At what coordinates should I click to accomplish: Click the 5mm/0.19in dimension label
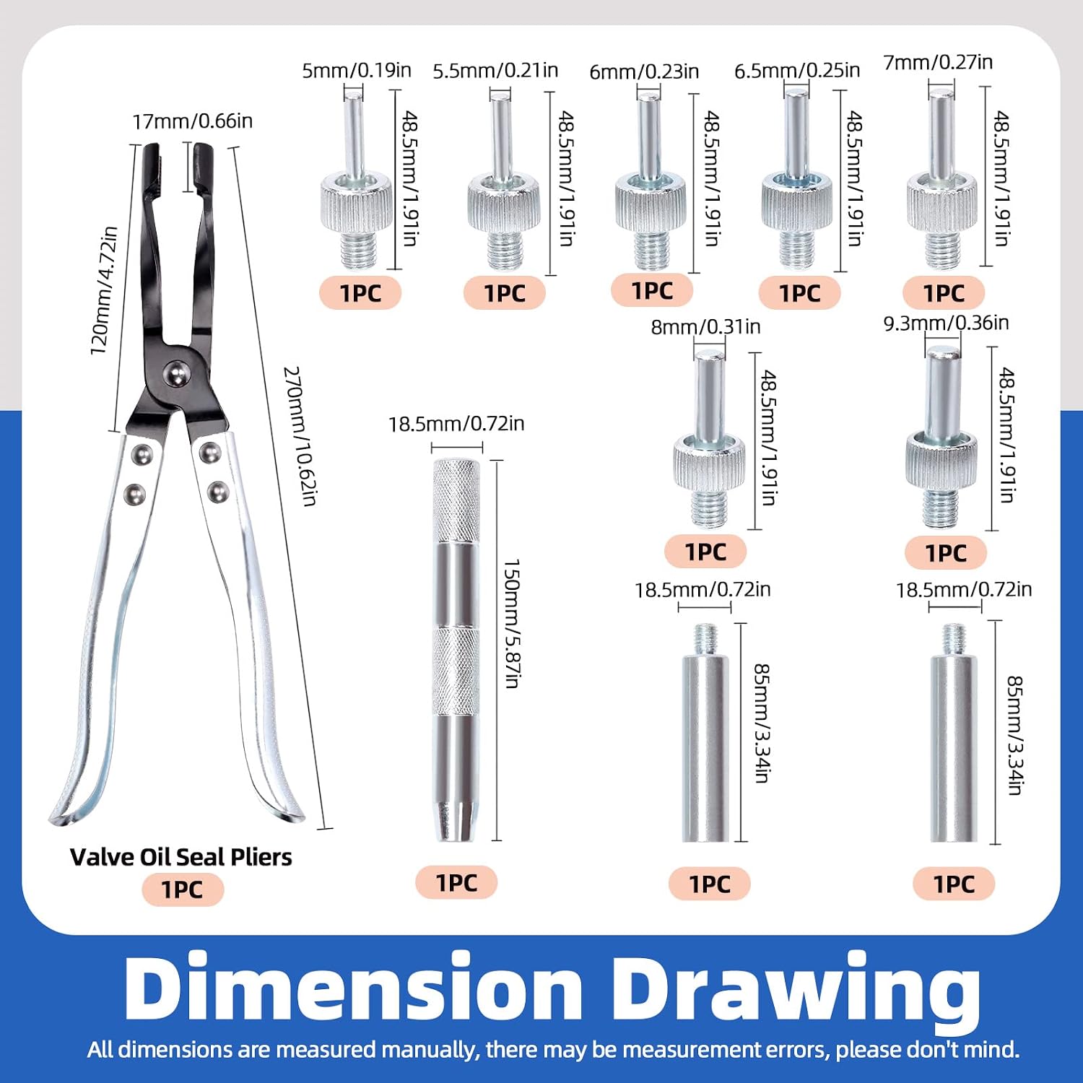357,70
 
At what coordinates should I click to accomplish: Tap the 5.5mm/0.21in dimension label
495,70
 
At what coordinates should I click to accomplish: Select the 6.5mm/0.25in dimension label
797,70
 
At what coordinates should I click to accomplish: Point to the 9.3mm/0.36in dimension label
946,323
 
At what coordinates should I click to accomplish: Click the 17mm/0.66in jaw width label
193,121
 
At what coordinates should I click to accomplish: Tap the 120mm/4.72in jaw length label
103,290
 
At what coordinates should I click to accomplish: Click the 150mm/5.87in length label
511,623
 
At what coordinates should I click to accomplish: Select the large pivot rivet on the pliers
176,373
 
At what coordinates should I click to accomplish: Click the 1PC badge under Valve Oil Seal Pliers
183,890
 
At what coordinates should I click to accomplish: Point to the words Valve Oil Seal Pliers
181,857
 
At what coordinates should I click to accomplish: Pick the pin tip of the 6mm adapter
649,97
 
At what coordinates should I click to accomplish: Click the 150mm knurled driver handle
456,650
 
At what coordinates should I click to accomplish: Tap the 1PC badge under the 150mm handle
456,882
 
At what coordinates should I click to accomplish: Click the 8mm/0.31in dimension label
705,326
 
